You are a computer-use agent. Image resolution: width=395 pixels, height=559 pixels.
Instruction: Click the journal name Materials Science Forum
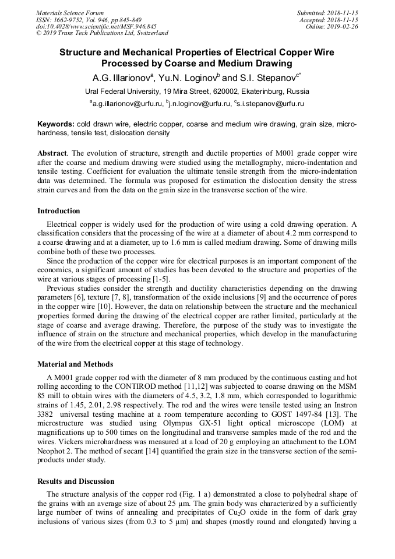click(x=70, y=13)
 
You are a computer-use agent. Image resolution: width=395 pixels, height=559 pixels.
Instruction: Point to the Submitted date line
click(x=327, y=13)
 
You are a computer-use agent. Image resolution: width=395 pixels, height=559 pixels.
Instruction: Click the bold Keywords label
click(x=55, y=125)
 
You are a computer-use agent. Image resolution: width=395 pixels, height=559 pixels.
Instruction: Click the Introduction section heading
click(x=58, y=211)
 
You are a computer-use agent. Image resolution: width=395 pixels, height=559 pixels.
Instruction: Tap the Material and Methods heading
click(x=75, y=364)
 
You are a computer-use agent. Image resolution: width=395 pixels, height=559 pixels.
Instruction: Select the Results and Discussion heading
click(x=76, y=482)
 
